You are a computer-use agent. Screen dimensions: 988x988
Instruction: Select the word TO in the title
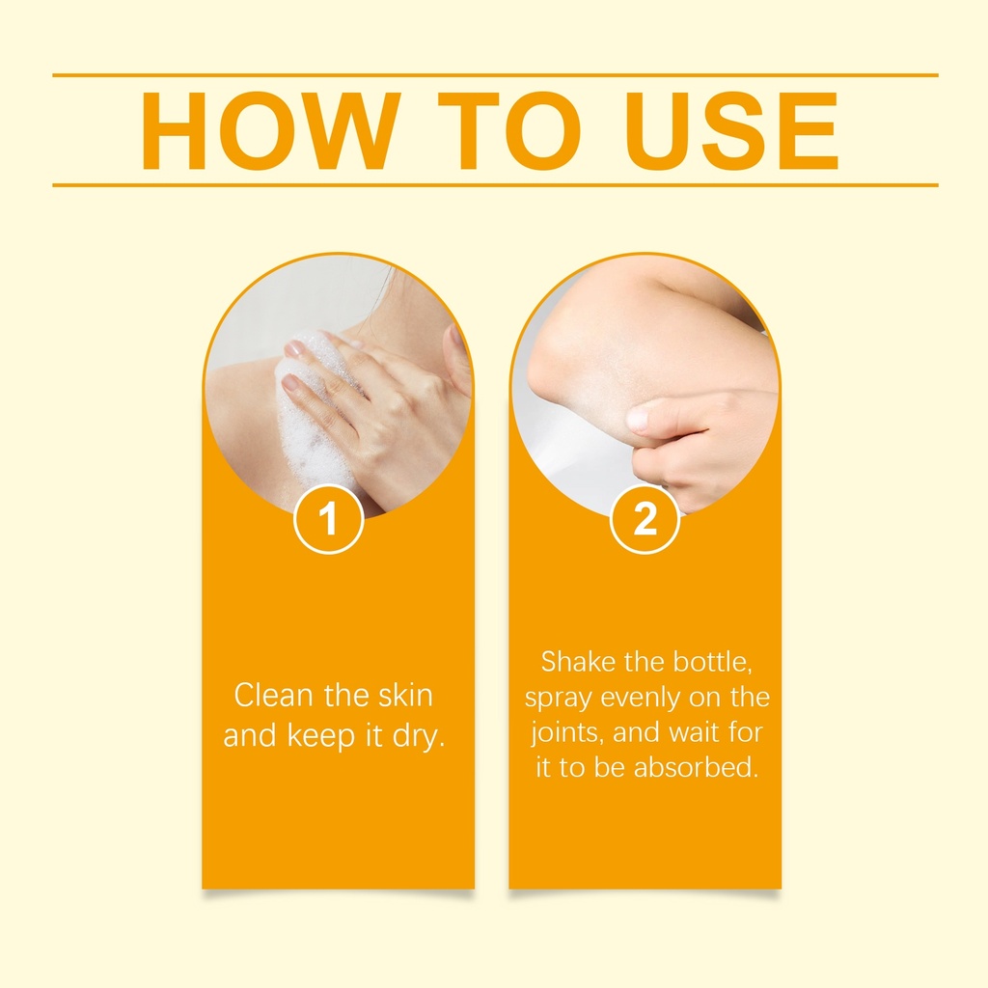pyautogui.click(x=509, y=131)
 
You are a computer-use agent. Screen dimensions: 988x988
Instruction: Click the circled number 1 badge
pyautogui.click(x=328, y=519)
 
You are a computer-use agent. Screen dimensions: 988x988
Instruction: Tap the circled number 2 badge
pyautogui.click(x=644, y=519)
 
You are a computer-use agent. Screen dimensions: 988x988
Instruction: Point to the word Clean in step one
pyautogui.click(x=273, y=696)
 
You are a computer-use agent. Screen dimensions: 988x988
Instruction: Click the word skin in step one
pyautogui.click(x=405, y=696)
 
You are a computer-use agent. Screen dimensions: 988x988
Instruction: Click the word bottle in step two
pyautogui.click(x=718, y=662)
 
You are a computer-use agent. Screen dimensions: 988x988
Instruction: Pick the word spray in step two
pyautogui.click(x=559, y=699)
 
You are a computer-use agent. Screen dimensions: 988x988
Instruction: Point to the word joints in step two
pyautogui.click(x=567, y=733)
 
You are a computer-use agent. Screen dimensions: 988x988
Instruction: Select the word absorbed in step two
pyautogui.click(x=696, y=767)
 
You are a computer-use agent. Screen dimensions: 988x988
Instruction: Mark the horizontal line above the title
pyautogui.click(x=495, y=75)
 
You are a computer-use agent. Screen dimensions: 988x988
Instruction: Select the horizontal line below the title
pyautogui.click(x=495, y=185)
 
